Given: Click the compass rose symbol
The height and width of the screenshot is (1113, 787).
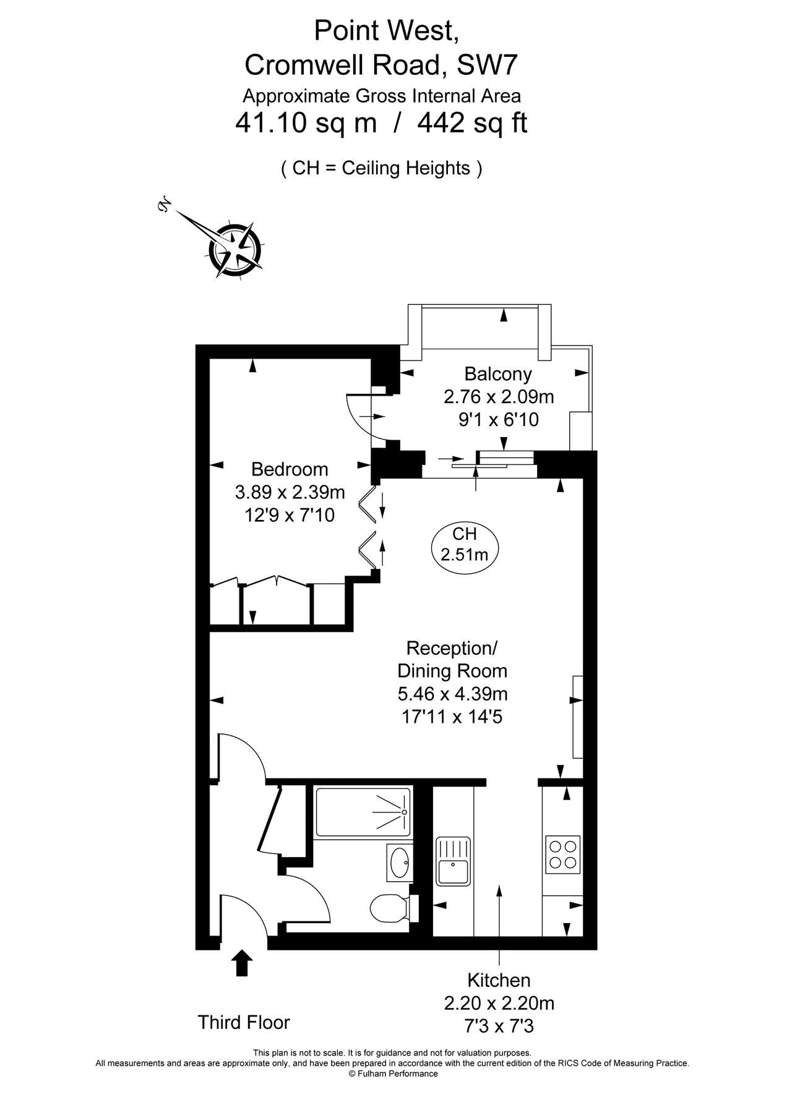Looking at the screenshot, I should click(x=234, y=249).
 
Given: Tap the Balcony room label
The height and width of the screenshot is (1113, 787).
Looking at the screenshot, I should click(x=498, y=374).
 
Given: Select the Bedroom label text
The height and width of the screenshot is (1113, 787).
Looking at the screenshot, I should click(x=290, y=469).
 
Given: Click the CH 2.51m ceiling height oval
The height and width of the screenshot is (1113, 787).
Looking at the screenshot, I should click(x=465, y=544).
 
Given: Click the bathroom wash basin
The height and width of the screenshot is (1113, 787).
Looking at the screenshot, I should click(x=400, y=861).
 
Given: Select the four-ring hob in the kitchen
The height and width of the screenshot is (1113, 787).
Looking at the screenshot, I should click(x=563, y=854).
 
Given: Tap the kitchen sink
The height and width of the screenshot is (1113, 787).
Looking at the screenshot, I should click(x=453, y=861).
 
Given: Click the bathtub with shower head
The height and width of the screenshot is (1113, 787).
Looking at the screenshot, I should click(x=363, y=811).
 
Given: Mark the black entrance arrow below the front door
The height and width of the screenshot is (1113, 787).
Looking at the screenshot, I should click(x=242, y=963).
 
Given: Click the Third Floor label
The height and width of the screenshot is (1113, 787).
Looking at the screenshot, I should click(x=244, y=1023).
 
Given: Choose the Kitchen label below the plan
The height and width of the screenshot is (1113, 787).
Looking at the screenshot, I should click(x=499, y=981).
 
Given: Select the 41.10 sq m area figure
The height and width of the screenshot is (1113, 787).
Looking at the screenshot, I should click(x=306, y=123).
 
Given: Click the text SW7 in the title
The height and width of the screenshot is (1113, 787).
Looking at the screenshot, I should click(x=486, y=65).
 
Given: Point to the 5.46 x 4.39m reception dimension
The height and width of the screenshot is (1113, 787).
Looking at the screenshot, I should click(x=452, y=694).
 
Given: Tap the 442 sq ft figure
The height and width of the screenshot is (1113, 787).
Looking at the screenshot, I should click(x=472, y=123).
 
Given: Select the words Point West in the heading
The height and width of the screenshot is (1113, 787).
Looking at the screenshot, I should click(x=386, y=31).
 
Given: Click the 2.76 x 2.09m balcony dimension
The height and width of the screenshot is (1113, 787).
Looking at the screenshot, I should click(x=499, y=396).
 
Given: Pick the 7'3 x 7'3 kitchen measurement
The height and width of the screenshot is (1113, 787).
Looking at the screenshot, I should click(x=499, y=1026).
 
